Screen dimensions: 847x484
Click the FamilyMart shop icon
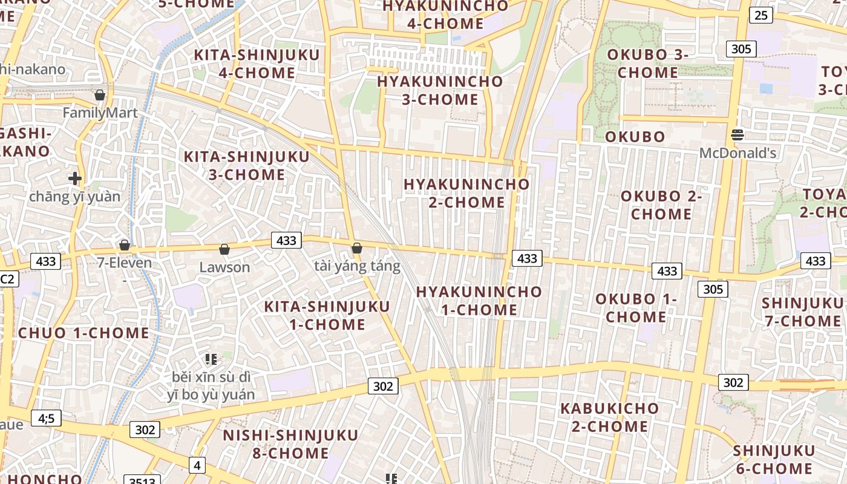[100, 95]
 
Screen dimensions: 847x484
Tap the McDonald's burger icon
[737, 135]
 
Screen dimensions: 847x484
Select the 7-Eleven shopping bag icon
[125, 245]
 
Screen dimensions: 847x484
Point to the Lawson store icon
[224, 249]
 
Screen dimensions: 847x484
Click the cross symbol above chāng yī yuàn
[75, 178]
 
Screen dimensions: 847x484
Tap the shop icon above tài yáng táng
[357, 248]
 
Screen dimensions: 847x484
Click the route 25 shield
[761, 15]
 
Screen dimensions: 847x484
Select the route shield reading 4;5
[47, 417]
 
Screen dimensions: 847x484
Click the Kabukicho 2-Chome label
[609, 417]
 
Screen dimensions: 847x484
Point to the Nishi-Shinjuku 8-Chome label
[290, 443]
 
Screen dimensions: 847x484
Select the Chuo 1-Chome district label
[83, 333]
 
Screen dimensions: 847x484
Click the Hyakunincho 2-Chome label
[466, 192]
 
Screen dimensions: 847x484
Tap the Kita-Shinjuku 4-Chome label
[257, 64]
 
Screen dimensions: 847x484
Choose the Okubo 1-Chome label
[636, 307]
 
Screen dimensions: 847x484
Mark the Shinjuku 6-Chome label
[774, 459]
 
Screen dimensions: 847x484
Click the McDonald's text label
[737, 153]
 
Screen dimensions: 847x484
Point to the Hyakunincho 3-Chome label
[440, 90]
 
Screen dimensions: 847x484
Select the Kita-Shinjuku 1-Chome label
[327, 315]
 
